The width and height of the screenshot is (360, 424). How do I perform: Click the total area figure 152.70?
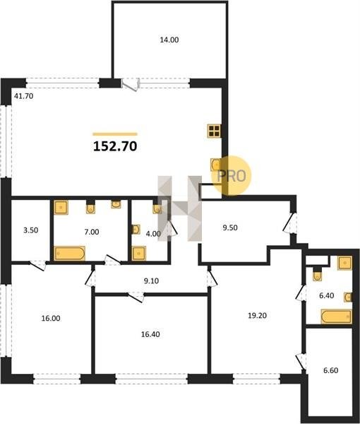pos(115,146)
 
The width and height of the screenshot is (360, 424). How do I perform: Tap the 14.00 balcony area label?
pos(169,40)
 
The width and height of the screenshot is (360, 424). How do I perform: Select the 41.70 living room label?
pos(23,96)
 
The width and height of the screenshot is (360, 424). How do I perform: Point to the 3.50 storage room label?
pos(31,230)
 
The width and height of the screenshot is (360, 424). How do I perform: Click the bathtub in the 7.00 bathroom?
pos(70,254)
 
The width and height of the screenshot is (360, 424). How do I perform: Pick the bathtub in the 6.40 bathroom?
pos(337,317)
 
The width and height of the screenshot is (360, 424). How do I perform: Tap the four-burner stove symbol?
pos(215,131)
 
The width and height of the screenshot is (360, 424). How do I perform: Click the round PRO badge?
pos(232,176)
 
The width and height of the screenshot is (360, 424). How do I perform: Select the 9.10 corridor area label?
pos(151,281)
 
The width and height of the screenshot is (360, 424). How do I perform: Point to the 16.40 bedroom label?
pos(150,334)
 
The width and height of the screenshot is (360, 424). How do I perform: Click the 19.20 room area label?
pos(258,316)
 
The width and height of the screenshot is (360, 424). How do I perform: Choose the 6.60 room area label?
pos(331,370)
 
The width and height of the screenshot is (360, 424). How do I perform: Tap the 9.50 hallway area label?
pos(230,228)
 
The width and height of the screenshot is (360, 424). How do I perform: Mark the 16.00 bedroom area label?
pos(51,319)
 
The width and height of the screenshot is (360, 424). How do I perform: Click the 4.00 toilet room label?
pos(153,234)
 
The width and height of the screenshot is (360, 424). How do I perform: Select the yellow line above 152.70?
pos(115,134)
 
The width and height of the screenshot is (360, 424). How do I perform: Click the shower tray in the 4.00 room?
pos(139,254)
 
